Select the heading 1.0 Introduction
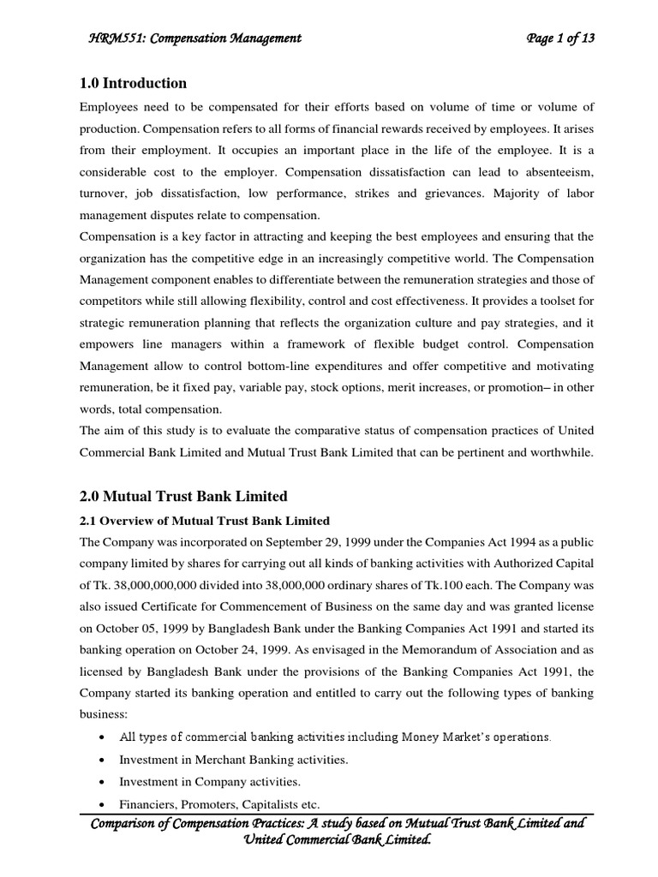pos(133,83)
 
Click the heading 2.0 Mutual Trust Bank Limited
pos(183,496)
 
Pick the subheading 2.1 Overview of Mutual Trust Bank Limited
pos(204,521)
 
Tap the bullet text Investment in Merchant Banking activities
pos(233,759)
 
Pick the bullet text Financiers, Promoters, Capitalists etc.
pos(219,803)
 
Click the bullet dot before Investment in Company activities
pos(104,782)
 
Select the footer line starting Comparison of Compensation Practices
pos(337,823)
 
